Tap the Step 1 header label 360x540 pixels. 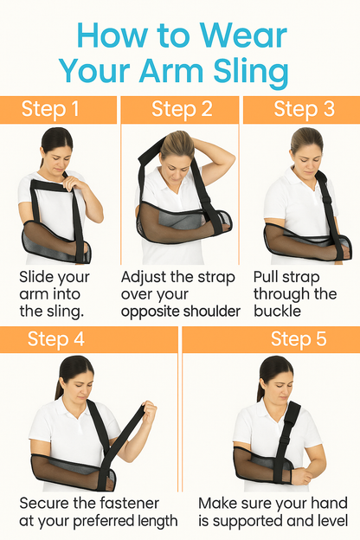point(50,109)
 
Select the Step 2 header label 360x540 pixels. point(181,109)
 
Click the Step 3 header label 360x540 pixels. point(303,109)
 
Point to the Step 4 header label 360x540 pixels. point(55,338)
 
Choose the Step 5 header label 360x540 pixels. point(299,338)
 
